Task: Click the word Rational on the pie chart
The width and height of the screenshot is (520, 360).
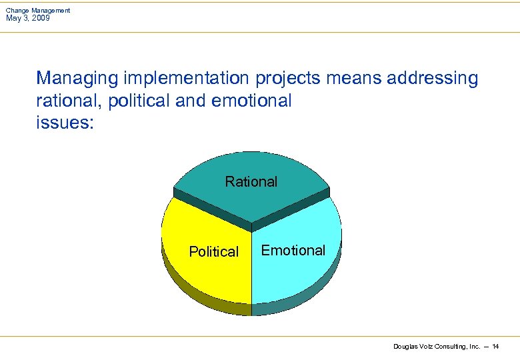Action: coord(251,181)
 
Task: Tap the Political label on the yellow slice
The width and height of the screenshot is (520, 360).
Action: coord(213,251)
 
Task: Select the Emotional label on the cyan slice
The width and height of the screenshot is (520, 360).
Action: coord(293,250)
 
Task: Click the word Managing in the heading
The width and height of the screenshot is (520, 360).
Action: coord(69,79)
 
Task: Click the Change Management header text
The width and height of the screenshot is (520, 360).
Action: coord(38,11)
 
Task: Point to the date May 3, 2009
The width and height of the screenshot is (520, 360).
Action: coord(28,18)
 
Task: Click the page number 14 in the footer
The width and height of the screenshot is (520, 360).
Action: coord(495,347)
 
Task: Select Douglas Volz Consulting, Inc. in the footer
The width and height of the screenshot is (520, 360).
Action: coord(437,347)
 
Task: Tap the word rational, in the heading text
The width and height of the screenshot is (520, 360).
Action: coord(65,101)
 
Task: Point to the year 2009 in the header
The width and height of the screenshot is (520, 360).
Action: coord(40,18)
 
